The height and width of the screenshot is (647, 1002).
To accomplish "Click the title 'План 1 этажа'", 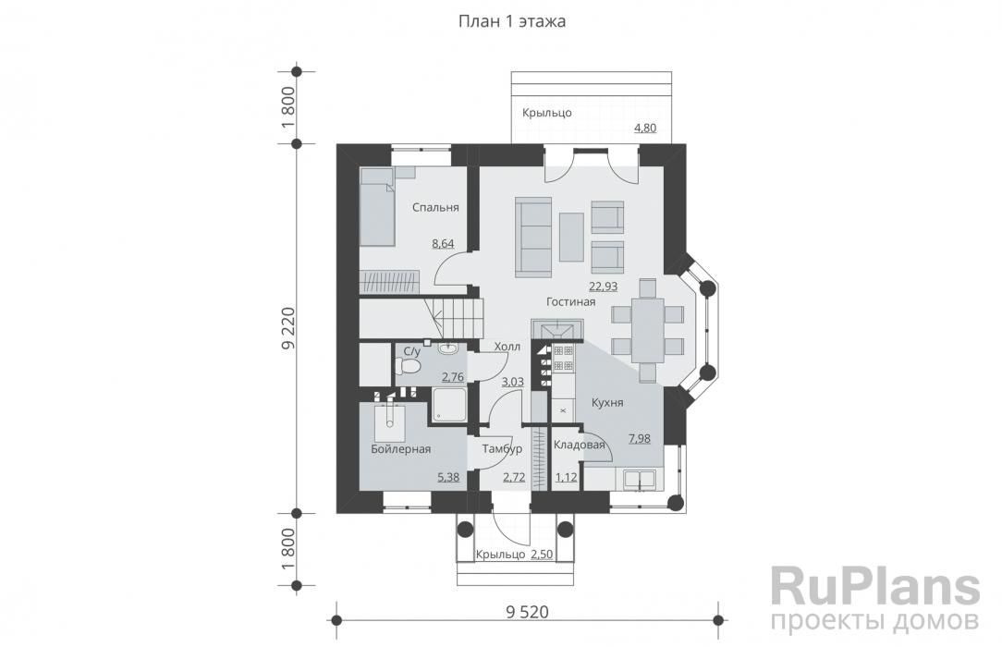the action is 512,21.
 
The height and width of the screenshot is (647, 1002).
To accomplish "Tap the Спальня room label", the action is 435,208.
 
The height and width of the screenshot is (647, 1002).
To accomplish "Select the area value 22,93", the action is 604,287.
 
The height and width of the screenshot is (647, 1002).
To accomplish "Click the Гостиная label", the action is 570,301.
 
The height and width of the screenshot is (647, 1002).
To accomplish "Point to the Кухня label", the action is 607,403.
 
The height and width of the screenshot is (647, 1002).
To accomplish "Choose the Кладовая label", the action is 579,446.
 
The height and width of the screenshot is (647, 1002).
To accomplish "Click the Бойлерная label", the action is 400,449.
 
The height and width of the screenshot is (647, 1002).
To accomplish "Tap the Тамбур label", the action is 502,449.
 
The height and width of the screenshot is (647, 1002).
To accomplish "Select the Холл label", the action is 507,347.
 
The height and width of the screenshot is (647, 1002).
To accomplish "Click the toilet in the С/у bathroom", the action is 408,366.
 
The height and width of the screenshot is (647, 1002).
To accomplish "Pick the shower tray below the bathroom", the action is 450,406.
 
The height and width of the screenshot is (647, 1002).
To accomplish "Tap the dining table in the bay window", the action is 647,330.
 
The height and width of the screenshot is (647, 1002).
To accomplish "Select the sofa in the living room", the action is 533,238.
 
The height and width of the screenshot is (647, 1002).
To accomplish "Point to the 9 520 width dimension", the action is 527,612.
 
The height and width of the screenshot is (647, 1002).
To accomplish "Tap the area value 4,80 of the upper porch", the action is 645,128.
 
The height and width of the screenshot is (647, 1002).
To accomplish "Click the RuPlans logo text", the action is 875,586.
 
